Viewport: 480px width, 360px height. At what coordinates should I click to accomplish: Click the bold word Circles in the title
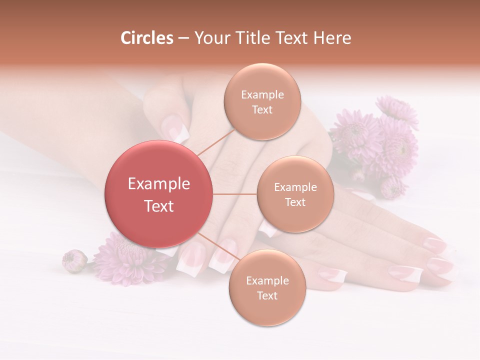tap(146, 38)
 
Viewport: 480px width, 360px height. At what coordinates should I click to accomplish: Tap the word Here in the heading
tap(332, 38)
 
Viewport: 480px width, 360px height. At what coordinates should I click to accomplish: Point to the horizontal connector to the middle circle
tap(234, 194)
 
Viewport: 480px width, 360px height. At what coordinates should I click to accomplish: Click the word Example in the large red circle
tap(159, 184)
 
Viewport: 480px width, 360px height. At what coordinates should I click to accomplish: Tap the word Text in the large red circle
tap(159, 206)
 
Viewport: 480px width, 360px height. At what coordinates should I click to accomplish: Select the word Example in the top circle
tap(262, 95)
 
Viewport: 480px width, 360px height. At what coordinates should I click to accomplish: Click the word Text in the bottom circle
tap(267, 296)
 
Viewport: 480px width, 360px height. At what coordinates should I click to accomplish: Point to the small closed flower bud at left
tap(74, 260)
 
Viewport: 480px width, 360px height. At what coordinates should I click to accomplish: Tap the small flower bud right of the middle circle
tap(393, 187)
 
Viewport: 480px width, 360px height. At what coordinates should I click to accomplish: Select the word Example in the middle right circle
tap(295, 187)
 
